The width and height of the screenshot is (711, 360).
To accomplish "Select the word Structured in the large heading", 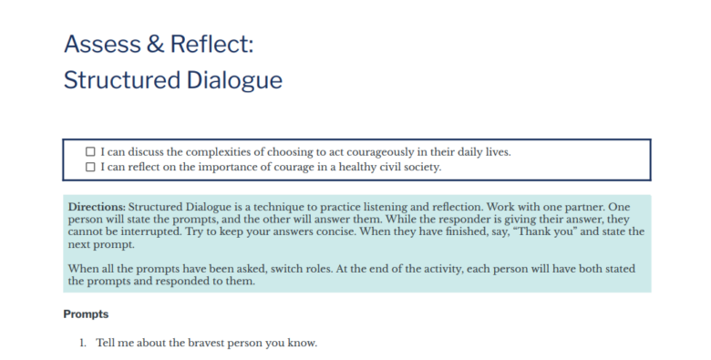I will (x=119, y=80).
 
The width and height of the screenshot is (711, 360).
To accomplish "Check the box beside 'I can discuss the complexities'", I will (x=90, y=151).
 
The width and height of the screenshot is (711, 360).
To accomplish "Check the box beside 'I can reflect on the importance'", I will (x=90, y=167).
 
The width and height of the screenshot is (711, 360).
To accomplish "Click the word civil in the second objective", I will (x=385, y=167).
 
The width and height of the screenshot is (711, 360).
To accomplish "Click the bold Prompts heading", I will (x=86, y=314).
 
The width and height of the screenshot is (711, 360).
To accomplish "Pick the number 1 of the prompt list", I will (x=82, y=343).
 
